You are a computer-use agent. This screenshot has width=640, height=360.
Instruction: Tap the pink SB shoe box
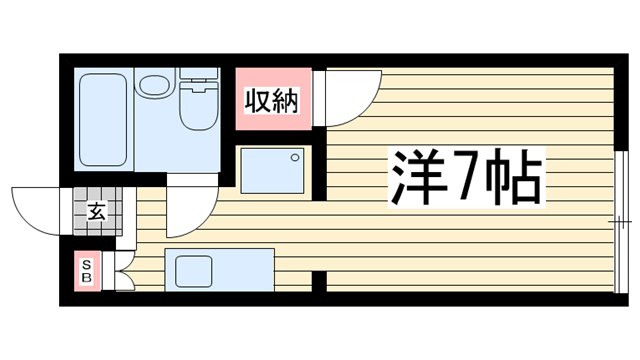[x=87, y=270]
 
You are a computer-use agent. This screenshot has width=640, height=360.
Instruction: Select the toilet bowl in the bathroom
[x=198, y=109]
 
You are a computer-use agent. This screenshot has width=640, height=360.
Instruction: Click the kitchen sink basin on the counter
[x=193, y=270]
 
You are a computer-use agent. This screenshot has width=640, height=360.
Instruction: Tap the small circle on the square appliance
[x=295, y=156]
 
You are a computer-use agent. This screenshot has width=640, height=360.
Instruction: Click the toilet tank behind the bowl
[x=198, y=76]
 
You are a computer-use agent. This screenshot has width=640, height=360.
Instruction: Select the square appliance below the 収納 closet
[x=273, y=171]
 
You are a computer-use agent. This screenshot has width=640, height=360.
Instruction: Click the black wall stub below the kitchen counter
[x=319, y=281]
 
